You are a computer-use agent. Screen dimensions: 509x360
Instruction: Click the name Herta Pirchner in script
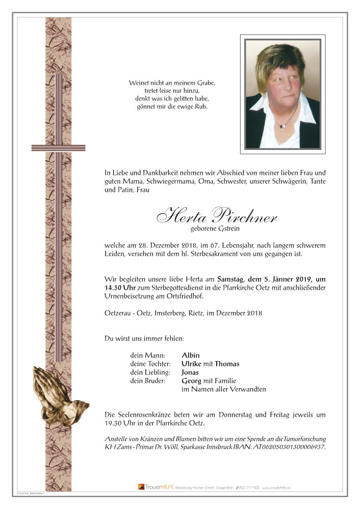click(217, 216)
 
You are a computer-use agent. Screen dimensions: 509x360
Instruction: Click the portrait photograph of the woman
click(282, 94)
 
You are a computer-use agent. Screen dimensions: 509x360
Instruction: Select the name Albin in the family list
click(191, 355)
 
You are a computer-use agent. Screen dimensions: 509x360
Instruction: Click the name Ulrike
click(192, 364)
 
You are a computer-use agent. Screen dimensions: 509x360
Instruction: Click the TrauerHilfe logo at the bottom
click(156, 487)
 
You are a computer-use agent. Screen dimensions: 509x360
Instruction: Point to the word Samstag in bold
click(232, 278)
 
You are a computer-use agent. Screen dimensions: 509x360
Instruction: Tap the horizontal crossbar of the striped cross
click(52, 148)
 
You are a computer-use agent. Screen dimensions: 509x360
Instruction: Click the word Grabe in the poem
click(205, 83)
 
